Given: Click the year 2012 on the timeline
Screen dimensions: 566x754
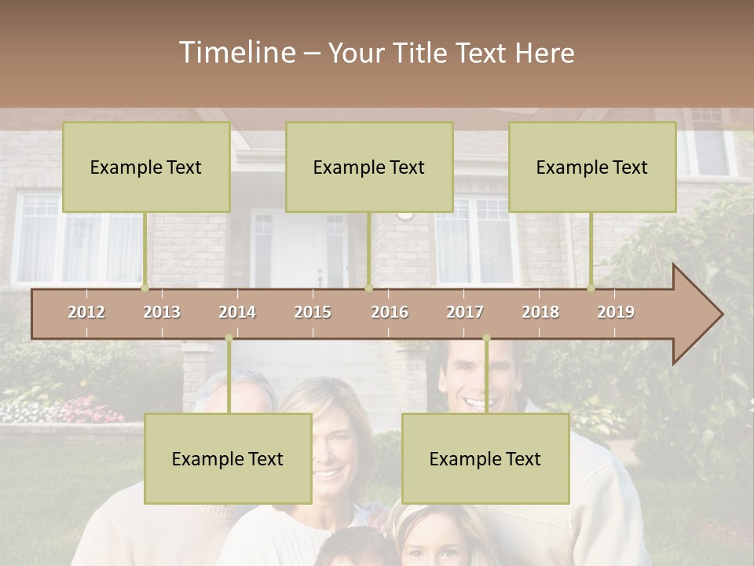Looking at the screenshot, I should click(86, 312).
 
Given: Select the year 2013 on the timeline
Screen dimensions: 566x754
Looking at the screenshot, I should click(162, 312).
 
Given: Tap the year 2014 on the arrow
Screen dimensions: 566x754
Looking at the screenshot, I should click(237, 312).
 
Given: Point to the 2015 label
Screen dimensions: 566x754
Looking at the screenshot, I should click(313, 312).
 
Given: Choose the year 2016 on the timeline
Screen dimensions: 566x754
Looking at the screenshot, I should click(390, 312).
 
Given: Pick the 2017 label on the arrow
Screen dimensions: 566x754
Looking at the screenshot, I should click(465, 312).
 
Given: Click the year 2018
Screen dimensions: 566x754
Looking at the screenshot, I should click(540, 312).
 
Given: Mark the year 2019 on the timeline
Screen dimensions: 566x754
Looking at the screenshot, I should click(616, 312).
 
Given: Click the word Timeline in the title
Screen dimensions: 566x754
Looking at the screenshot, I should click(236, 53).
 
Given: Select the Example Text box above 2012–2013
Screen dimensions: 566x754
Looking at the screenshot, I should click(146, 167).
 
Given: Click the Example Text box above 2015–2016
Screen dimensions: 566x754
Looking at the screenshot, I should click(369, 167).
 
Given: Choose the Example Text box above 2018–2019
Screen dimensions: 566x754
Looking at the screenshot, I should click(592, 167).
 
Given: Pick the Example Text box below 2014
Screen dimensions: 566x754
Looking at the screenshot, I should click(228, 459).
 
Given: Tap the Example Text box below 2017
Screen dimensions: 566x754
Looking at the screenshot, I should click(485, 459).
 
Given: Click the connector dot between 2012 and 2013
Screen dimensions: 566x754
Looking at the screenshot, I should click(145, 289).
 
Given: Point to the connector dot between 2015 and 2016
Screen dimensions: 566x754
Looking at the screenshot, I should click(368, 289).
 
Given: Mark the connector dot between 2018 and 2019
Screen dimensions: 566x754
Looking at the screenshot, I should click(591, 289).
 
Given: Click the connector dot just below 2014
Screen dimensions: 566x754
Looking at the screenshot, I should click(229, 338).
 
